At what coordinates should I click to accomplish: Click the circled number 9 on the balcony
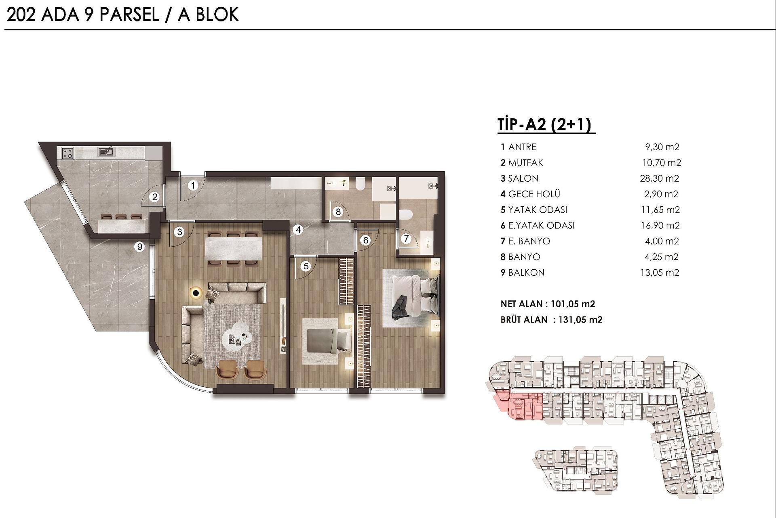(x=139, y=246)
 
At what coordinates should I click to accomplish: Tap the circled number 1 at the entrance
(x=193, y=185)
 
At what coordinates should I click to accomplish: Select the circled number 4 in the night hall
(x=298, y=230)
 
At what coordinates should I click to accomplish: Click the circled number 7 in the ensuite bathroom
(x=406, y=239)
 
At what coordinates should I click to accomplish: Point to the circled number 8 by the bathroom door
(x=338, y=212)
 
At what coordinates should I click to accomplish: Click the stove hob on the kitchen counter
(x=67, y=153)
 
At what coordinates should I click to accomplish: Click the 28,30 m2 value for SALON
(x=659, y=178)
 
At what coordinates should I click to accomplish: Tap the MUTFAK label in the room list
(x=525, y=163)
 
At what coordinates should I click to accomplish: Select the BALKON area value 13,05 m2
(x=659, y=273)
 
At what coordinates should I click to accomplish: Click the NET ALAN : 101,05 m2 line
(x=548, y=304)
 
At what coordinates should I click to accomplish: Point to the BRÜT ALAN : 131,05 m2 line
(x=551, y=320)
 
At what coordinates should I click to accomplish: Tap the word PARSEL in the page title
(x=129, y=15)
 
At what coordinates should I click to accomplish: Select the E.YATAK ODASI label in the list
(x=541, y=226)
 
